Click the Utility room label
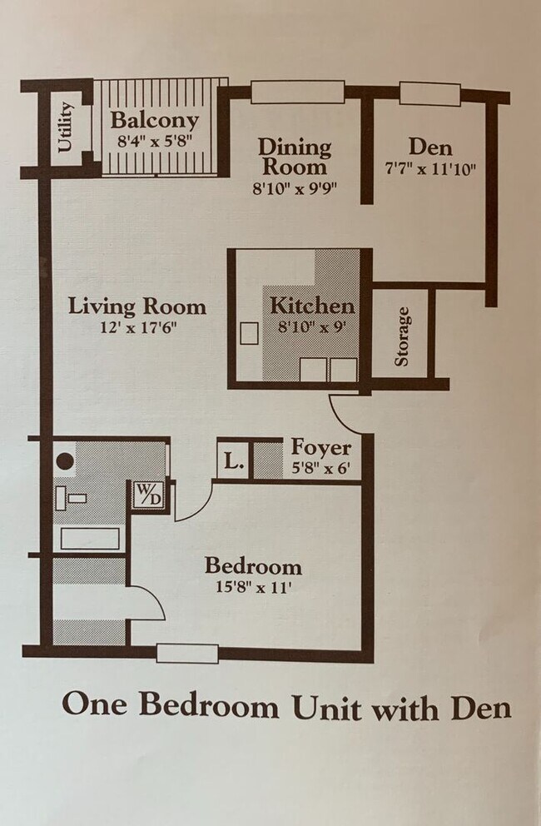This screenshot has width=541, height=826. (66, 127)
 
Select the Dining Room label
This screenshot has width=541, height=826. (295, 157)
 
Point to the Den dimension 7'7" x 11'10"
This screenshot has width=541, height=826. (431, 170)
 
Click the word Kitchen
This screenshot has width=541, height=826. (312, 306)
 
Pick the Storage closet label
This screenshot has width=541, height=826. (402, 336)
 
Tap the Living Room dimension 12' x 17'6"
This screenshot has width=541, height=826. (138, 328)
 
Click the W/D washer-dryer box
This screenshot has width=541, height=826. (149, 495)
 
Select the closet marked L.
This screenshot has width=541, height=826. (233, 460)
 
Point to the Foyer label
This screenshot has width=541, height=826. (321, 448)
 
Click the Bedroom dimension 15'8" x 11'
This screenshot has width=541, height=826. (253, 587)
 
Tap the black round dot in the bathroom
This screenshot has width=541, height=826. (65, 461)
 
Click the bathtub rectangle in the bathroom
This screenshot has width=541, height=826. (90, 539)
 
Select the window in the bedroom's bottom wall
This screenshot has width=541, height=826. (187, 653)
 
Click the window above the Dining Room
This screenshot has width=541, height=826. (298, 92)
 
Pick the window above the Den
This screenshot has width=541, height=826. (430, 93)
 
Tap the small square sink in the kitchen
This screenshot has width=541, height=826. (249, 333)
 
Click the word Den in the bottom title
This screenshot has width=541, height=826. (481, 708)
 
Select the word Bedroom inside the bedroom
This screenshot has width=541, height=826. (253, 566)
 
